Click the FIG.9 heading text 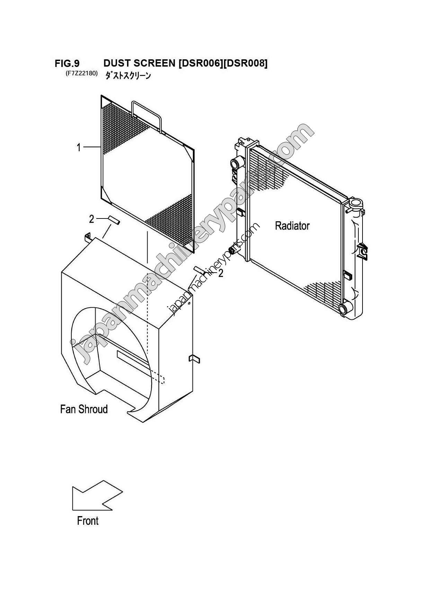click(67, 63)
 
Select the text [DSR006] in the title click(199, 63)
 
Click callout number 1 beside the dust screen click(79, 148)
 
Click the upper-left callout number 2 click(91, 219)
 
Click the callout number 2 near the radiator click(220, 273)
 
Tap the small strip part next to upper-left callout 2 click(114, 220)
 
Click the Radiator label click(292, 226)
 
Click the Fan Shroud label click(84, 409)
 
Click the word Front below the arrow click(88, 521)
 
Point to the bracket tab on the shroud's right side click(195, 359)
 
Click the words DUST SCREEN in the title click(139, 63)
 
